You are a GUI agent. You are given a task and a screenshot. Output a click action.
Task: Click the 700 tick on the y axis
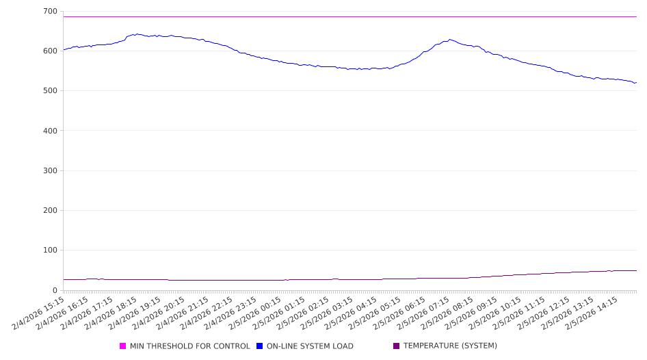pos(49,12)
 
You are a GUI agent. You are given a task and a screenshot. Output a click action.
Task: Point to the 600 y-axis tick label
pos(49,51)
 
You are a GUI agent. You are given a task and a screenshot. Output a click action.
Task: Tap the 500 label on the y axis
pos(49,91)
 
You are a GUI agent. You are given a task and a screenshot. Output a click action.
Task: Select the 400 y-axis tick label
pos(49,131)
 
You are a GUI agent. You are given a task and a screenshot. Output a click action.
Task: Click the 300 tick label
pos(49,170)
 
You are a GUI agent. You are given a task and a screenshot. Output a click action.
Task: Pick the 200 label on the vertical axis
pos(49,211)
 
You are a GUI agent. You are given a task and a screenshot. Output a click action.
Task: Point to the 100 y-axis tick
pos(49,250)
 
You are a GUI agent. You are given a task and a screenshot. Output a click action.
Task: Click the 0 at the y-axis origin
pos(55,290)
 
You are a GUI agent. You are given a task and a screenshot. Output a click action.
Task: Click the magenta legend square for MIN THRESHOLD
pos(123,346)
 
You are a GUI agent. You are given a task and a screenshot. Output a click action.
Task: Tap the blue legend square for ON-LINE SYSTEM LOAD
pos(260,346)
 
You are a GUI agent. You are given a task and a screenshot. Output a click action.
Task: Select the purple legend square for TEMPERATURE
pos(397,346)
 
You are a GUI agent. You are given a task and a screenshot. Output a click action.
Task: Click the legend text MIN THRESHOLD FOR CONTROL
pos(189,346)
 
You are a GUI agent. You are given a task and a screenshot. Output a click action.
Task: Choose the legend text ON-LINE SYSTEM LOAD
pos(310,346)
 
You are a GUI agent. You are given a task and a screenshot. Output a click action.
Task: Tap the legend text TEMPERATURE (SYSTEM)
pos(450,346)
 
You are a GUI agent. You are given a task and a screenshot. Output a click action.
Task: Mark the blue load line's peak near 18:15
pos(137,34)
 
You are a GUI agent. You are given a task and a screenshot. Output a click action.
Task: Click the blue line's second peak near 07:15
pos(450,40)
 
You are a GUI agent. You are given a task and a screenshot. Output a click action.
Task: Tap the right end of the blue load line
pos(636,83)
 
